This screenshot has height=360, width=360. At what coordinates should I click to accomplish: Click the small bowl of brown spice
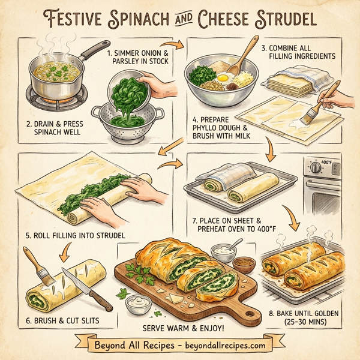click(242, 263)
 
